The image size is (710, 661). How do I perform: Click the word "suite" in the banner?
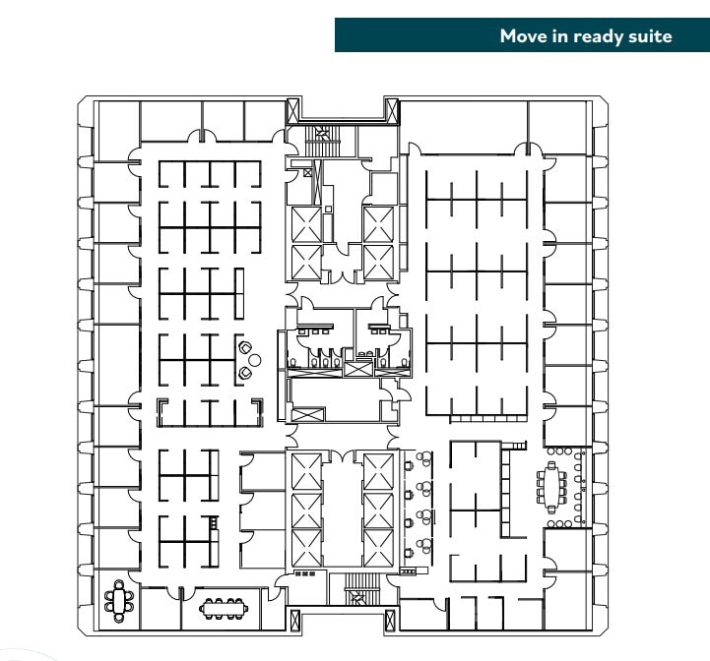(649, 36)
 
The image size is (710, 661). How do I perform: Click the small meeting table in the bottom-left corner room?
(120, 599)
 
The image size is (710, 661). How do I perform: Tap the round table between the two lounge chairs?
(254, 361)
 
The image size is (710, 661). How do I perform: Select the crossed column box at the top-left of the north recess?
(292, 110)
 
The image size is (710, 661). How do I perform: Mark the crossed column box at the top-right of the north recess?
(392, 110)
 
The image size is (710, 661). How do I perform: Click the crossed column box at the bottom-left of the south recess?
(292, 621)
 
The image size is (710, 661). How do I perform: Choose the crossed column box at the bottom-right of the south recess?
(392, 621)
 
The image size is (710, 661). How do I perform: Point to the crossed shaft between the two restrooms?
(358, 368)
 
